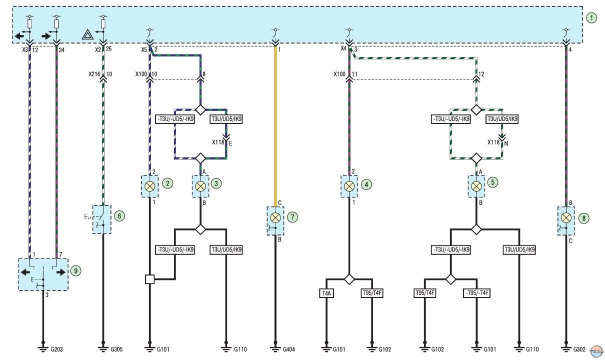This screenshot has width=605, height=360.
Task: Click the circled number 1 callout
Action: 591,18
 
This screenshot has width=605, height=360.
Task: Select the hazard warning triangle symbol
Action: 88,35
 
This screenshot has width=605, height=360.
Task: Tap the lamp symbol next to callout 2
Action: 150,186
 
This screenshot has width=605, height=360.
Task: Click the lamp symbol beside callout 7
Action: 275,217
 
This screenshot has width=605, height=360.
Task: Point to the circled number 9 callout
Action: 76,271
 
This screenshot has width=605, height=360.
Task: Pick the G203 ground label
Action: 56,349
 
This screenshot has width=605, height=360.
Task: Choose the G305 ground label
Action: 116,349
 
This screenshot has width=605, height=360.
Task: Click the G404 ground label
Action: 288,349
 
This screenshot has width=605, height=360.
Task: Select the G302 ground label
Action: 579,349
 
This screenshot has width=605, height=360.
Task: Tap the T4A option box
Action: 326,293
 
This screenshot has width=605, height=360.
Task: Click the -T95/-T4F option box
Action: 476,293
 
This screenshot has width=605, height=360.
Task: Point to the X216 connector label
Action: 94,74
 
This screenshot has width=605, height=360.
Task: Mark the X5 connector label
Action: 144,50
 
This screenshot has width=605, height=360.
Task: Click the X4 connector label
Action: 343,48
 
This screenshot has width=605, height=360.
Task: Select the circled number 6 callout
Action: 119,216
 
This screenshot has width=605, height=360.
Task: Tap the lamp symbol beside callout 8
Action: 566,217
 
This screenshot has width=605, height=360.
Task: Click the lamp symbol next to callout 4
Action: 349,186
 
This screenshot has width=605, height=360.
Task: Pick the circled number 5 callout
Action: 492,182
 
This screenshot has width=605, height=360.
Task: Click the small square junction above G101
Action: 150,279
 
